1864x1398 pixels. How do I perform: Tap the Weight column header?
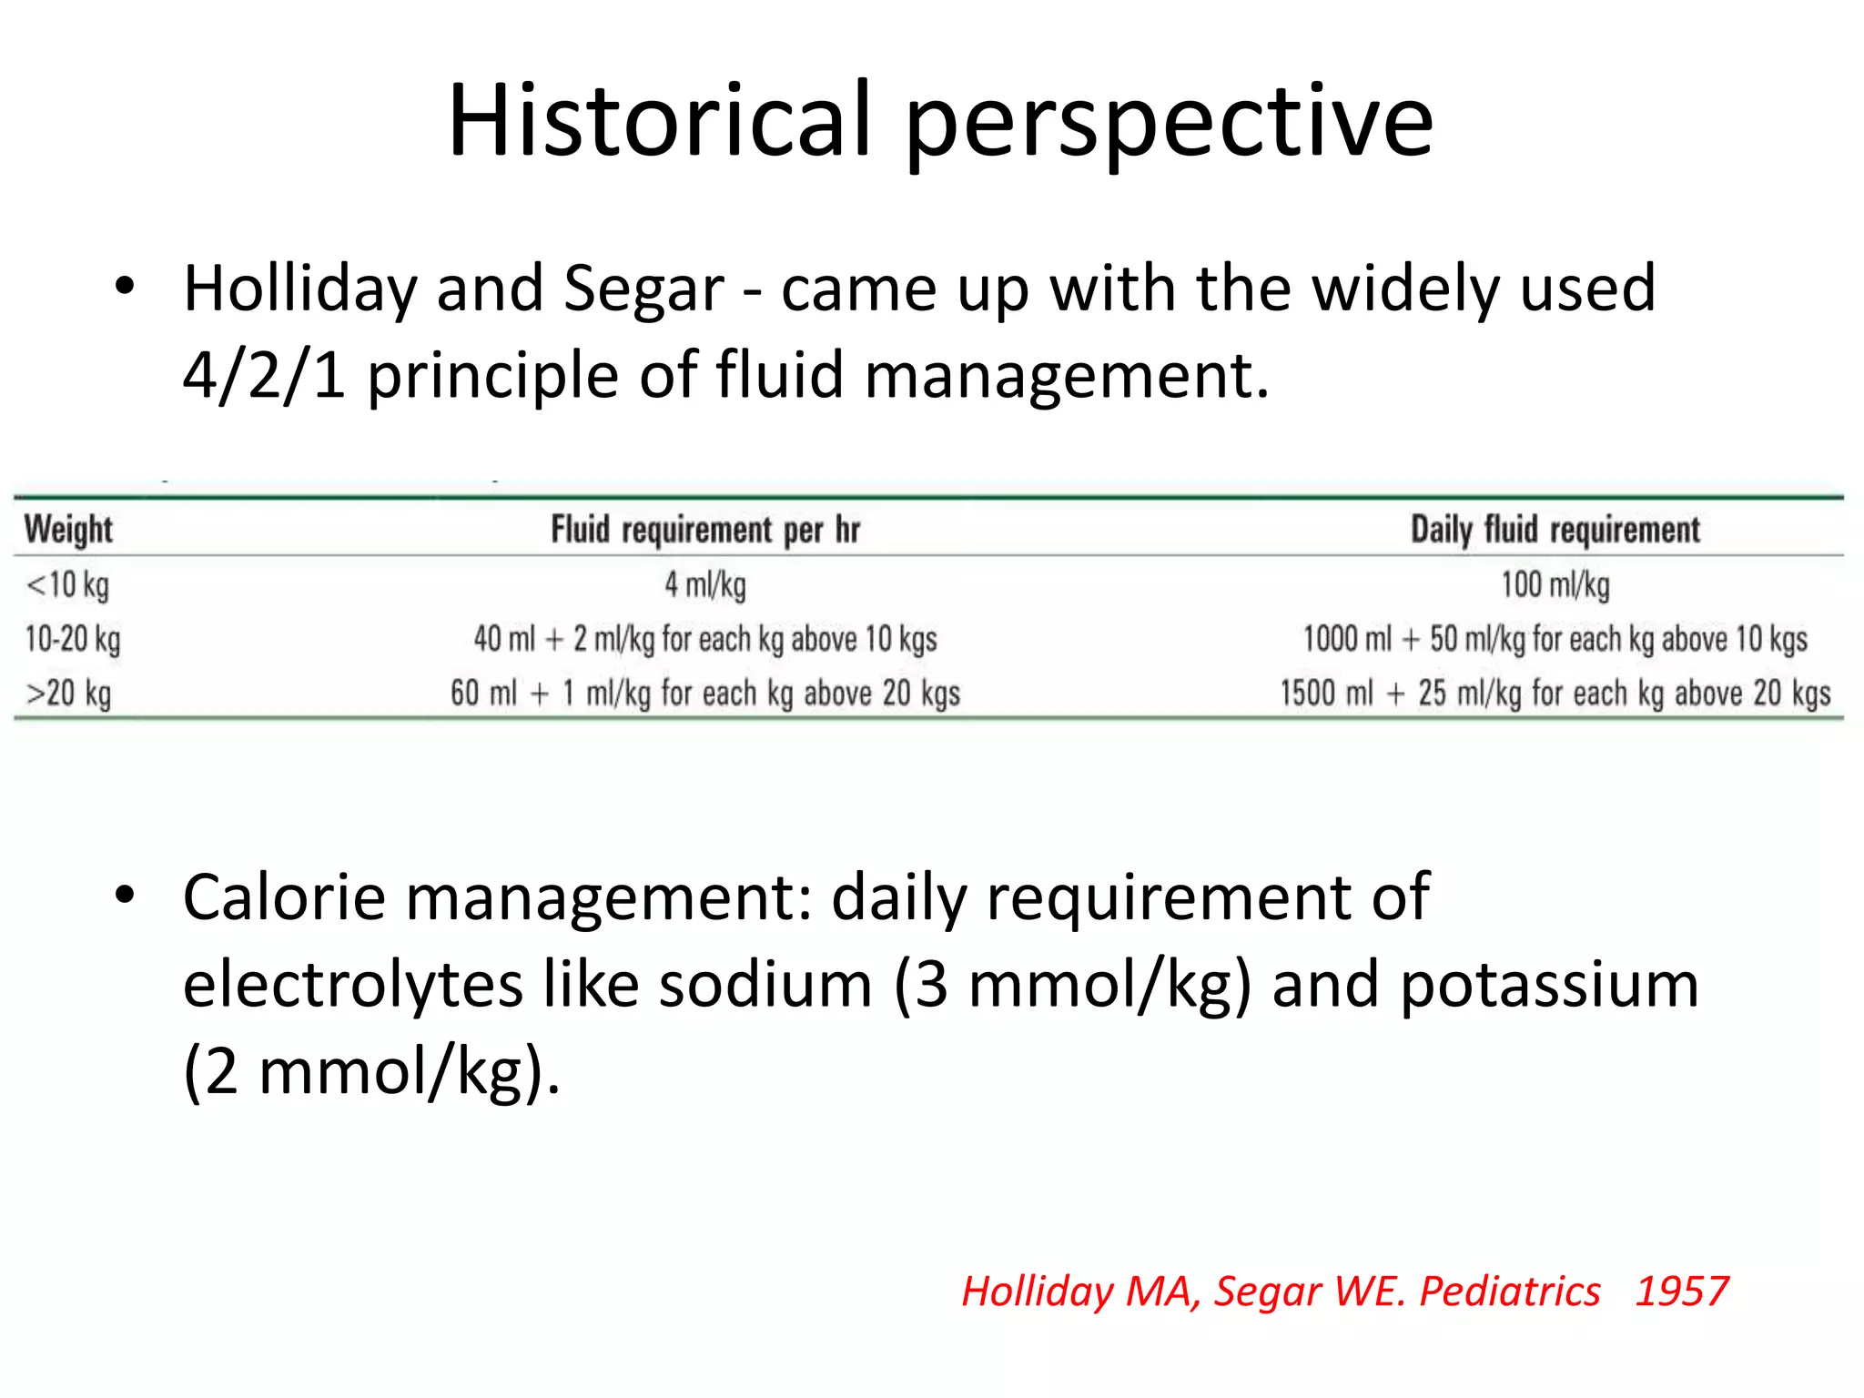click(x=68, y=530)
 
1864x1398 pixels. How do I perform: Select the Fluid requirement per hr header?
click(x=705, y=530)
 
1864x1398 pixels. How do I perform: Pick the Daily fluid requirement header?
click(x=1555, y=530)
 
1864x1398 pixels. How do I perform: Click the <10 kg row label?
click(x=67, y=584)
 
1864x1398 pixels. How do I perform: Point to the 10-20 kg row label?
click(x=73, y=639)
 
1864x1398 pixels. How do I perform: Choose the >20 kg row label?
click(x=69, y=694)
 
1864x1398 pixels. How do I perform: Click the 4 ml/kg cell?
click(x=705, y=584)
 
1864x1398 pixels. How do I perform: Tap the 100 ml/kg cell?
click(x=1555, y=584)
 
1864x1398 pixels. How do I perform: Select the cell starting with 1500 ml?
click(x=1555, y=694)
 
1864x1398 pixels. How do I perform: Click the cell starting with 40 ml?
click(x=705, y=639)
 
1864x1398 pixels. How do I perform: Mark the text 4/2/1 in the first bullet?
click(x=264, y=375)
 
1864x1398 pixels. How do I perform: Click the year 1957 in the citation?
click(x=1681, y=1291)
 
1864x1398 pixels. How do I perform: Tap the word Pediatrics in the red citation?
click(x=1509, y=1291)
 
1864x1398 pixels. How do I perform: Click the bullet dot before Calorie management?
click(x=125, y=896)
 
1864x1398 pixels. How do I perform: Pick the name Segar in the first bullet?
click(x=643, y=289)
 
